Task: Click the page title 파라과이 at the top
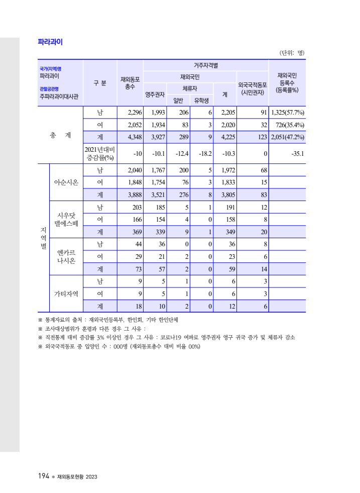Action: pyautogui.click(x=50, y=42)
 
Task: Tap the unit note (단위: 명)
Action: pyautogui.click(x=291, y=53)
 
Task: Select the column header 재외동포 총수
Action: pyautogui.click(x=130, y=83)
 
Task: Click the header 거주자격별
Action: pyautogui.click(x=205, y=65)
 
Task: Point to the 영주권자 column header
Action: pyautogui.click(x=155, y=94)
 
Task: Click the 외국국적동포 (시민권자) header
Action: pyautogui.click(x=252, y=89)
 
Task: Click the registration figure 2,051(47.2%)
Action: pyautogui.click(x=287, y=137)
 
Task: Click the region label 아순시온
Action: pyautogui.click(x=66, y=182)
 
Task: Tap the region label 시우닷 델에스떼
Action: pyautogui.click(x=66, y=220)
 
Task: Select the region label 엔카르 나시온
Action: pyautogui.click(x=66, y=256)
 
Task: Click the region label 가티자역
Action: pyautogui.click(x=66, y=293)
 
